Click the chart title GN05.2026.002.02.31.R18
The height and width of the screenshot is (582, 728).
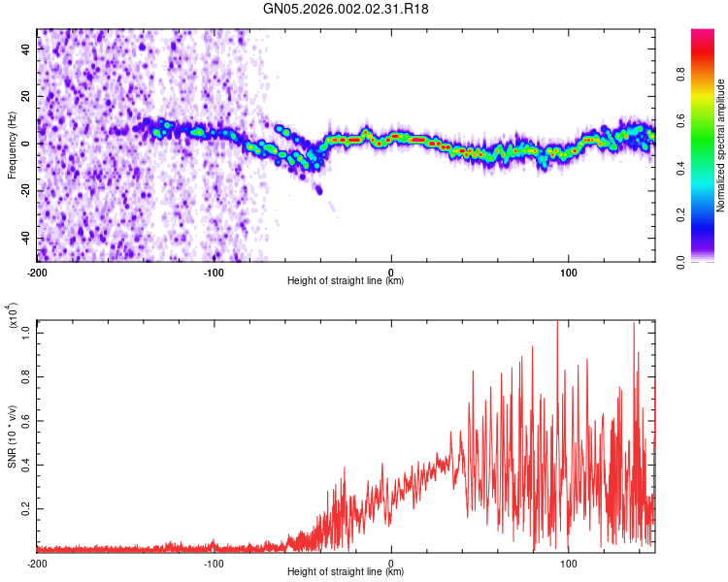346,9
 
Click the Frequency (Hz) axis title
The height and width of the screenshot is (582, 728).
12,145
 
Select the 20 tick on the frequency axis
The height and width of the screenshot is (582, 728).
26,97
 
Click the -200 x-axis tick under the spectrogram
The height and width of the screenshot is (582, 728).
37,272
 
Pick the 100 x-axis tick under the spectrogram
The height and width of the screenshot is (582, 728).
569,272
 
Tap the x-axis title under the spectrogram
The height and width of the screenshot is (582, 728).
346,281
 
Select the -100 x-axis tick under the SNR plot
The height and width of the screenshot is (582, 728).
215,563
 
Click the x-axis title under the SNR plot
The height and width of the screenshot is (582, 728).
346,572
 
